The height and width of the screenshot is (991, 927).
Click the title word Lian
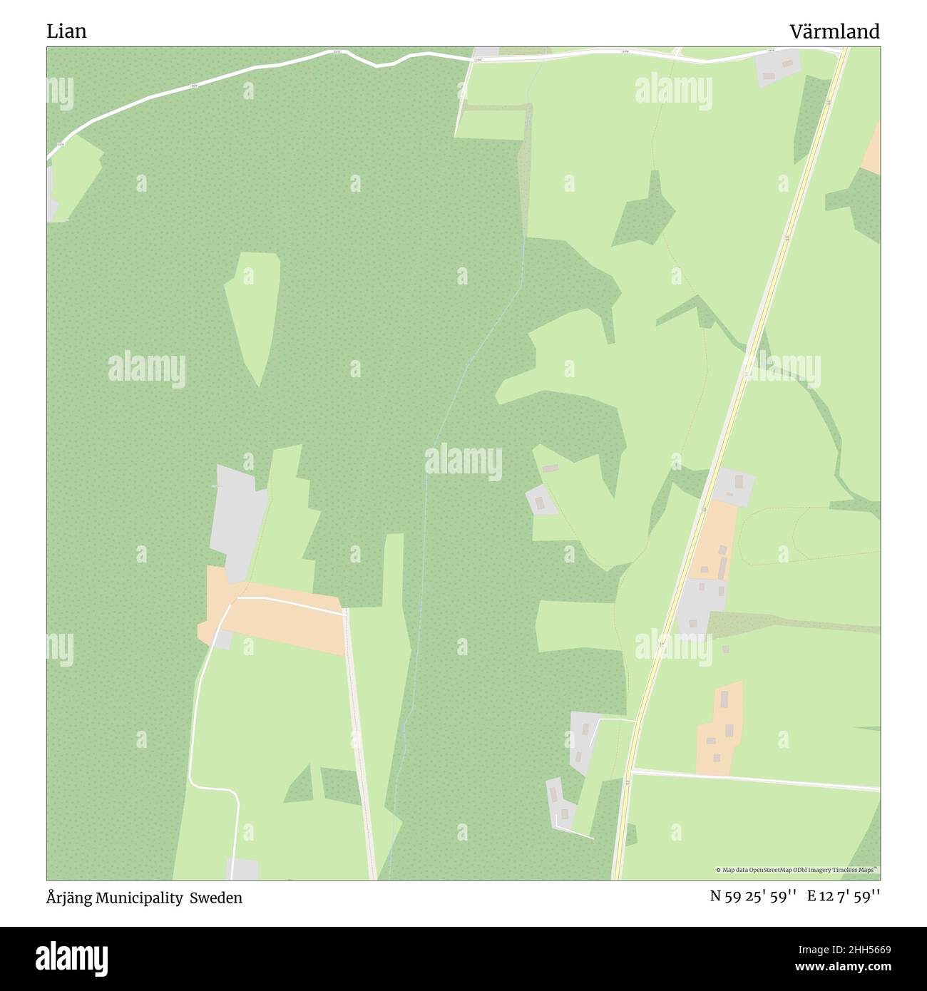tap(66, 31)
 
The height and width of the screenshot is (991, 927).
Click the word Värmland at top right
tap(834, 31)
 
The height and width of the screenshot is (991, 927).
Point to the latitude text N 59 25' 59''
tap(752, 897)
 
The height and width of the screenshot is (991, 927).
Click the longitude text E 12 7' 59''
tap(843, 897)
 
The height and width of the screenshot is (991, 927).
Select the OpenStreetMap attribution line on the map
tap(797, 870)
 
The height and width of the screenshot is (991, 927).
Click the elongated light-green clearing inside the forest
tap(253, 314)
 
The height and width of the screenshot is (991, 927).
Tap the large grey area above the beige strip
tap(237, 520)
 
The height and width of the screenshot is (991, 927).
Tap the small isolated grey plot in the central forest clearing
tap(543, 500)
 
